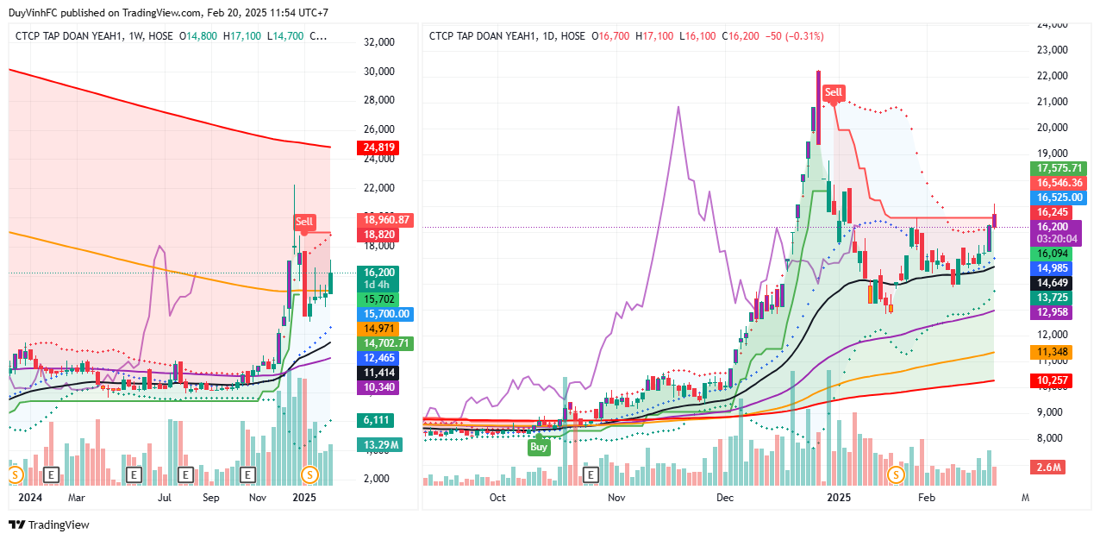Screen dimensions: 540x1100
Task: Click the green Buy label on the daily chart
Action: [539, 447]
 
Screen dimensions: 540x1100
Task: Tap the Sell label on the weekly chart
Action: [304, 222]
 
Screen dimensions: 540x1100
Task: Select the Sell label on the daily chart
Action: [834, 92]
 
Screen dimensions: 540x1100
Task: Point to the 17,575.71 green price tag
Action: [1056, 169]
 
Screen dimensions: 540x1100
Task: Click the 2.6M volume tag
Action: [1049, 468]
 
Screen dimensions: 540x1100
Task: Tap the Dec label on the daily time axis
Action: [725, 498]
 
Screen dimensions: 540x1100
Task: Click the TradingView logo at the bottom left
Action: [49, 524]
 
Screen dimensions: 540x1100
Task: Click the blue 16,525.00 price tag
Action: [1056, 198]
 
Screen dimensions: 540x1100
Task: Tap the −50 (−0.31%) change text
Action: [788, 36]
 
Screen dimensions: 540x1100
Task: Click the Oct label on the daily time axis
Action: [497, 498]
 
